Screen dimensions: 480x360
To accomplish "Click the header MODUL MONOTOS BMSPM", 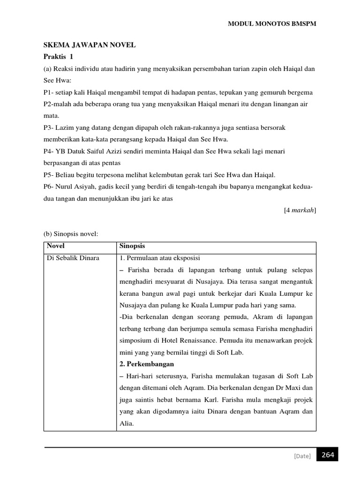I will [272, 24].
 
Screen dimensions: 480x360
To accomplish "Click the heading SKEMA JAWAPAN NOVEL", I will [90, 45].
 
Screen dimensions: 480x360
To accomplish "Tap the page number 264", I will [328, 455].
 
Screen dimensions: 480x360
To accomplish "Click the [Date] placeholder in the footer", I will [302, 456].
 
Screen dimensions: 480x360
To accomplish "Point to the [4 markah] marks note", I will [300, 210].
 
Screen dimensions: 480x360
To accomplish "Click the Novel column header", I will [56, 246].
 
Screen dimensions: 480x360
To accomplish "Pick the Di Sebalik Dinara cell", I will [73, 258].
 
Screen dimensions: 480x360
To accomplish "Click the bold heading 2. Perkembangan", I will [146, 364].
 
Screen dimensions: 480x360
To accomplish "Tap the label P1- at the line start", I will [49, 92].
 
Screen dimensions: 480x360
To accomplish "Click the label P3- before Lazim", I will [49, 127].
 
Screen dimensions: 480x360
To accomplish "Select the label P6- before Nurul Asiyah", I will [49, 187].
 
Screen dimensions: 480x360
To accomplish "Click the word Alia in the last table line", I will [127, 423].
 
